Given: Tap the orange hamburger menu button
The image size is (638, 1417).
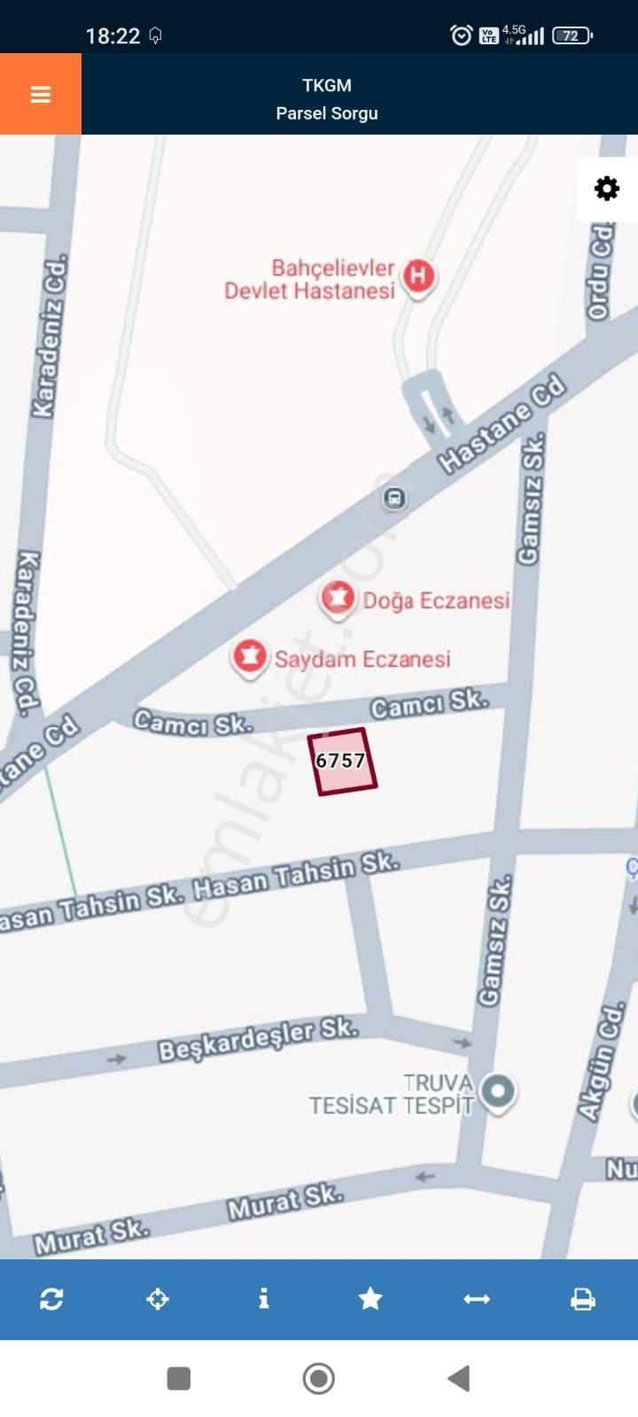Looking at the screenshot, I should pyautogui.click(x=41, y=95).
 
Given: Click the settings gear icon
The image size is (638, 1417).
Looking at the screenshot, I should pyautogui.click(x=607, y=189).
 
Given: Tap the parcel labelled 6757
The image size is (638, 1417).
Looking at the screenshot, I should pyautogui.click(x=342, y=761).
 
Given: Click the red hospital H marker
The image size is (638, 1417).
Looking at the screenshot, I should pyautogui.click(x=418, y=276).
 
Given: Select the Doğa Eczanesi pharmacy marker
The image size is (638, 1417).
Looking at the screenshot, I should pyautogui.click(x=337, y=599).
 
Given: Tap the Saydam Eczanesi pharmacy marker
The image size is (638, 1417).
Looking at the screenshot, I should pyautogui.click(x=250, y=657).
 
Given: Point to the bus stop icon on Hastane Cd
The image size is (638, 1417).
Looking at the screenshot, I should pyautogui.click(x=394, y=499).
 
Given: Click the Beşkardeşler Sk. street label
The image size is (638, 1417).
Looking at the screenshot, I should pyautogui.click(x=258, y=1039).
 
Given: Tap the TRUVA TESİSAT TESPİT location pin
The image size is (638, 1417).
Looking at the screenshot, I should pyautogui.click(x=497, y=1090).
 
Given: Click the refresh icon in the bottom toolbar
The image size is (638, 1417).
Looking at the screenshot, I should pyautogui.click(x=51, y=1299).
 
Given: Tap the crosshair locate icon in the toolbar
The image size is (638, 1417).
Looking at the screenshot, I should pyautogui.click(x=158, y=1299).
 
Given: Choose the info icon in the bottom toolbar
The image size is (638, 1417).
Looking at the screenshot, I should pyautogui.click(x=263, y=1299).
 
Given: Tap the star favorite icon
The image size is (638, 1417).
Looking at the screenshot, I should pyautogui.click(x=370, y=1299).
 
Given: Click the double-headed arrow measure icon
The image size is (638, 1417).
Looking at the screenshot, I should pyautogui.click(x=477, y=1299).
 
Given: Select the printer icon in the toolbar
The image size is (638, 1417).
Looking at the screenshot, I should pyautogui.click(x=582, y=1299).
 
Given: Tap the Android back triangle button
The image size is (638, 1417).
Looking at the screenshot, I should pyautogui.click(x=458, y=1378).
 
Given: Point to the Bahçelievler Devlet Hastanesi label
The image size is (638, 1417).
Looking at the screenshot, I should pyautogui.click(x=309, y=279).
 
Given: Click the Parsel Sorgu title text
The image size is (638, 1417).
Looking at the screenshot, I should pyautogui.click(x=327, y=113).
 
